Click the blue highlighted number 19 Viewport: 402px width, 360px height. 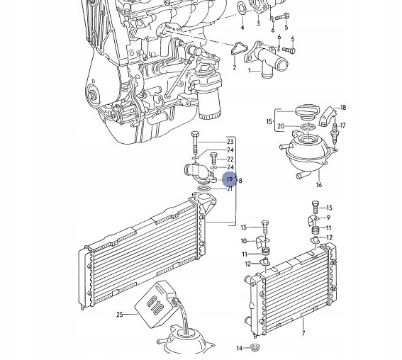click(x=230, y=179)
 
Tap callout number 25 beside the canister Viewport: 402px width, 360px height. click(x=120, y=315)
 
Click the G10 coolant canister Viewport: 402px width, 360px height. click(x=155, y=303)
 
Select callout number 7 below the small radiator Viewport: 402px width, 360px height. click(x=303, y=333)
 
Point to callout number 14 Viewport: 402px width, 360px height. click(x=239, y=348)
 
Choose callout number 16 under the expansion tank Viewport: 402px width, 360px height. click(x=318, y=185)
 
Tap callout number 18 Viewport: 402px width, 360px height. click(x=343, y=108)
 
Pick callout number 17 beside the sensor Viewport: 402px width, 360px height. click(x=343, y=125)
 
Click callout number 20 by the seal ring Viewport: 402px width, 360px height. click(x=281, y=126)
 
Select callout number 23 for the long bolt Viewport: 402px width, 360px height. click(x=230, y=142)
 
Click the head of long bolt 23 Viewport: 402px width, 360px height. click(x=195, y=135)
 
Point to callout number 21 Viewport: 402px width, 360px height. click(x=230, y=189)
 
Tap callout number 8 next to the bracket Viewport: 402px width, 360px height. click(x=240, y=181)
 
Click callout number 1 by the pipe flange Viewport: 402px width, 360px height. click(x=250, y=70)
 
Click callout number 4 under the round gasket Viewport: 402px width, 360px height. click(x=242, y=27)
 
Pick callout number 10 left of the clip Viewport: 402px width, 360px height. click(x=244, y=241)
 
